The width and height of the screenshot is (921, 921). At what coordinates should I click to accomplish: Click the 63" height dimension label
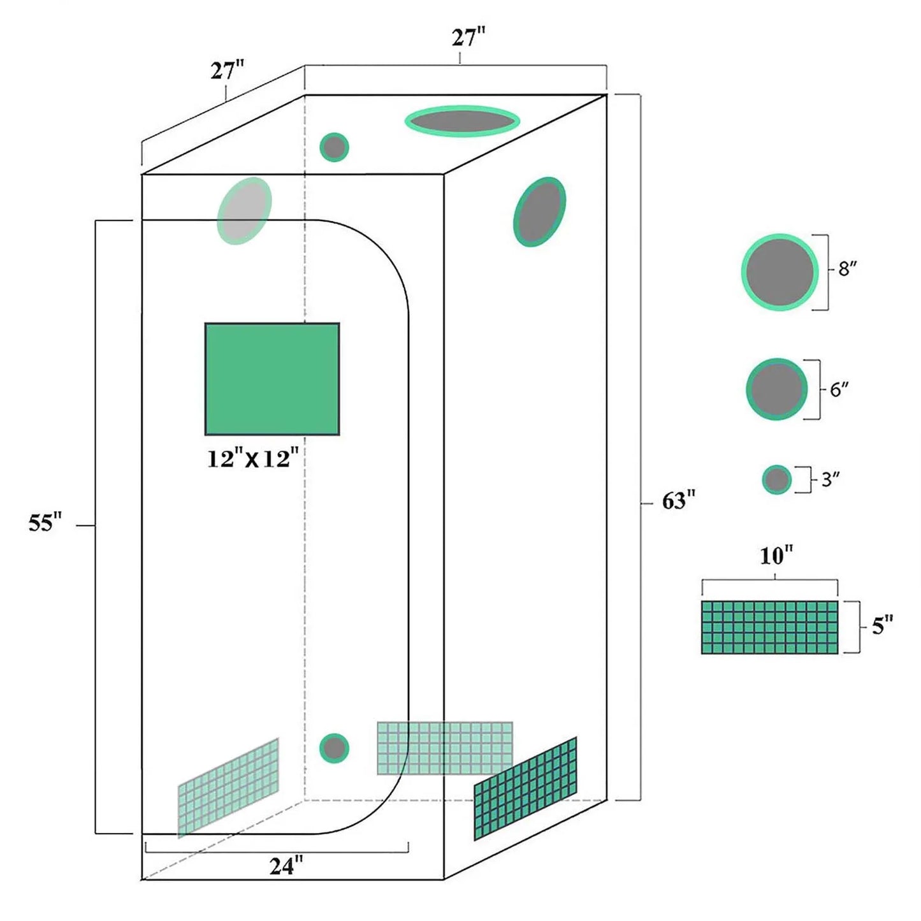tap(678, 501)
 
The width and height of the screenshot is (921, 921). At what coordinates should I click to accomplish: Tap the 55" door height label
tap(45, 523)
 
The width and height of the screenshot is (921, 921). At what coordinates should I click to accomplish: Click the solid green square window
tap(272, 379)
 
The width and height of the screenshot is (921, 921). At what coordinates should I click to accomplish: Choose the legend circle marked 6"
tap(777, 389)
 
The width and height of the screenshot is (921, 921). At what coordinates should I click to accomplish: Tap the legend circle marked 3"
tap(777, 479)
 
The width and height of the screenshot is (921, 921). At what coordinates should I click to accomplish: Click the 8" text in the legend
tap(847, 269)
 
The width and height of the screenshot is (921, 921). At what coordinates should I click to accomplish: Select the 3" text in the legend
tap(830, 479)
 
